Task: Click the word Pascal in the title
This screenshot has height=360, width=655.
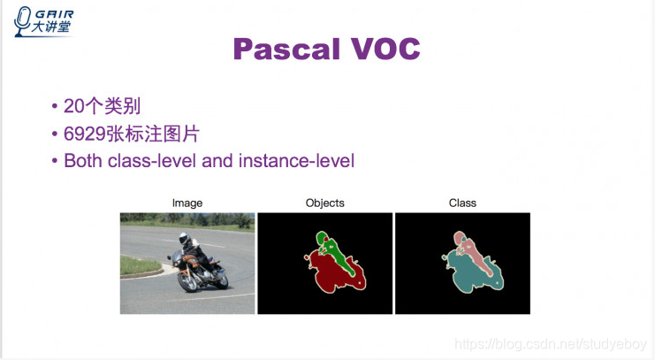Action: click(286, 50)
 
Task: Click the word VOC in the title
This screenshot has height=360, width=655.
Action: click(385, 49)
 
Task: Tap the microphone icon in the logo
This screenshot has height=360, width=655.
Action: click(22, 21)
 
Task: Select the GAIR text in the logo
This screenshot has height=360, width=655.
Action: click(54, 15)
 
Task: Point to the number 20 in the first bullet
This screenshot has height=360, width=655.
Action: click(74, 106)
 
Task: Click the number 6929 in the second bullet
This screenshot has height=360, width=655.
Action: click(85, 134)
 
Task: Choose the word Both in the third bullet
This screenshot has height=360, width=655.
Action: click(83, 161)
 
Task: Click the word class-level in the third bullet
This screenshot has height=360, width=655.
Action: click(152, 161)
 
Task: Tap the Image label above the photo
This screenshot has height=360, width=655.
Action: click(187, 203)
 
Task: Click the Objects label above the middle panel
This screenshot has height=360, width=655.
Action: click(325, 203)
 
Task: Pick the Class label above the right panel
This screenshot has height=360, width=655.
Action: click(462, 203)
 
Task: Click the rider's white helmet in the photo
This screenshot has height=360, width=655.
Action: click(184, 238)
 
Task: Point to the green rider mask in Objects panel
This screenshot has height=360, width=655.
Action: click(334, 251)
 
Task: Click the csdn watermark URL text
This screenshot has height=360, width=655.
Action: click(551, 344)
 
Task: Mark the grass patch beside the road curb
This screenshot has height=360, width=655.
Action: click(139, 266)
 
